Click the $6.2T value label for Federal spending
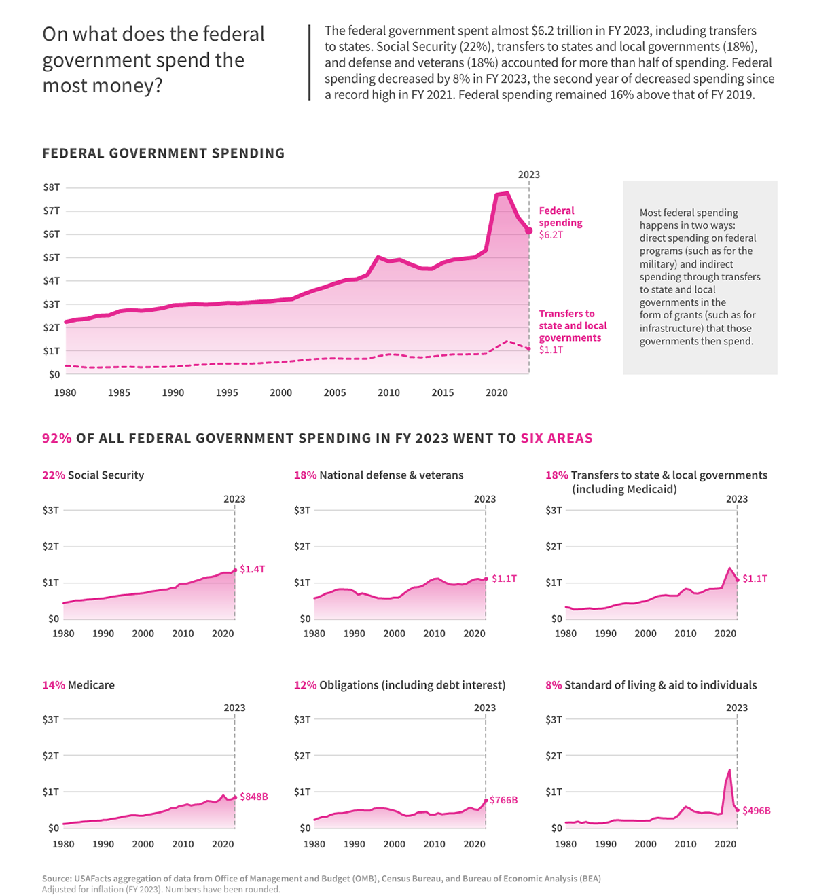(x=551, y=235)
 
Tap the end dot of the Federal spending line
(x=528, y=231)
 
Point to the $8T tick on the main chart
(x=52, y=187)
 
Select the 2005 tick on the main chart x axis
(x=334, y=392)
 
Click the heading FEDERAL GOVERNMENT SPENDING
(x=163, y=153)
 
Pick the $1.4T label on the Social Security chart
(x=252, y=569)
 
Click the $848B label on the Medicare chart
(x=253, y=797)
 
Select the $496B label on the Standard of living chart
(x=756, y=810)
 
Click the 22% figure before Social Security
(x=54, y=475)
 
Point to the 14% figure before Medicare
(x=54, y=685)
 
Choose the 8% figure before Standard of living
(x=554, y=685)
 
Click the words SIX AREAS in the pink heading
(x=556, y=438)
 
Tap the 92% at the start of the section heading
(x=56, y=438)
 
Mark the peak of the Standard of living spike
(x=729, y=770)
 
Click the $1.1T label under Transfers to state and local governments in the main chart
(x=551, y=350)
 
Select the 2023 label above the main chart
(x=528, y=175)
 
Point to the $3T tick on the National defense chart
(x=302, y=510)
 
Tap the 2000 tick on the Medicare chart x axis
(x=143, y=844)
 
